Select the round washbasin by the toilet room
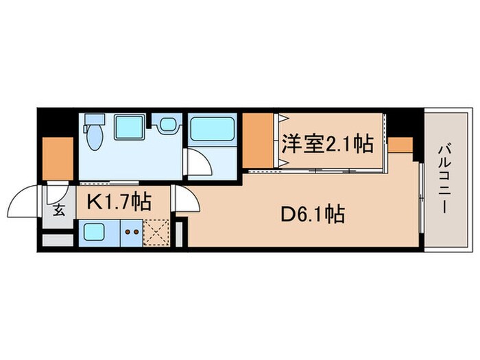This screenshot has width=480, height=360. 167,125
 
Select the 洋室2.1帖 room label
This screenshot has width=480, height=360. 327,144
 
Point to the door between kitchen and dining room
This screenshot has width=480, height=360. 183,200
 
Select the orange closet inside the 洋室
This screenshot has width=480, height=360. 258,140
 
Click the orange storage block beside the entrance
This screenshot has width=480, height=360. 58,158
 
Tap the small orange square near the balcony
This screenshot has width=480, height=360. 401,145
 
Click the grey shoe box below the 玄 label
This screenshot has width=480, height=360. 57,240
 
